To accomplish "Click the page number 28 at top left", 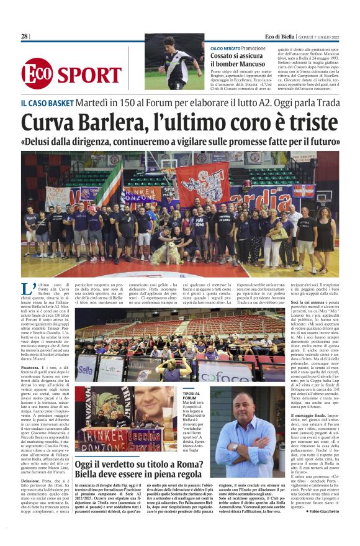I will tap(24, 37).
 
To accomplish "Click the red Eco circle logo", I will tap(37, 73).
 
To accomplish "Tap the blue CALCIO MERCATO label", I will tap(225, 48).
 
